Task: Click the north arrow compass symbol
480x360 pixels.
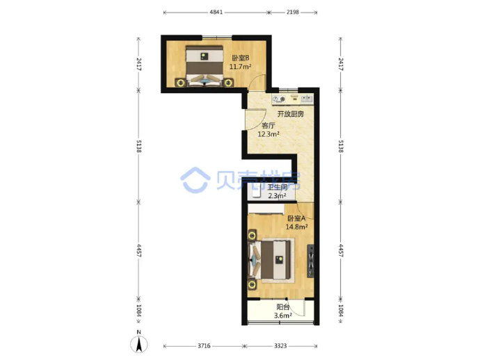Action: (x=139, y=344)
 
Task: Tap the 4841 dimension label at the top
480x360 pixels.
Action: (x=216, y=13)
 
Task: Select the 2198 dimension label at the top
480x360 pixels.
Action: (x=293, y=13)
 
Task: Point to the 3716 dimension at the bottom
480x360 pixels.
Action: (x=204, y=345)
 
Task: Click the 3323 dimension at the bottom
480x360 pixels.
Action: (x=280, y=345)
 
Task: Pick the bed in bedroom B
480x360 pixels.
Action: (x=205, y=67)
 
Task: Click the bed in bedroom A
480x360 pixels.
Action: (x=270, y=260)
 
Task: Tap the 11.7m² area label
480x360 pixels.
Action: (x=241, y=67)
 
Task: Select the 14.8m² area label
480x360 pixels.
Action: (x=296, y=227)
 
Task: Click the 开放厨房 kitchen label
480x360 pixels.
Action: (x=291, y=114)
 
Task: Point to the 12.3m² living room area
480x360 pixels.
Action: (x=269, y=134)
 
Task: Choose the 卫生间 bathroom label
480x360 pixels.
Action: (x=278, y=188)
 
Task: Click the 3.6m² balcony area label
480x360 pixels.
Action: (x=283, y=315)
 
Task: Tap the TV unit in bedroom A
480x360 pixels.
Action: (x=310, y=261)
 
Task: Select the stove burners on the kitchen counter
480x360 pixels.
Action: (x=279, y=99)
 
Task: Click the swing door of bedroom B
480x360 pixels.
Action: (x=257, y=82)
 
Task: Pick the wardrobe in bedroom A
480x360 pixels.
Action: (x=266, y=209)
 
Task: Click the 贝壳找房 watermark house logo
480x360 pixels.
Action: (x=195, y=180)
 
